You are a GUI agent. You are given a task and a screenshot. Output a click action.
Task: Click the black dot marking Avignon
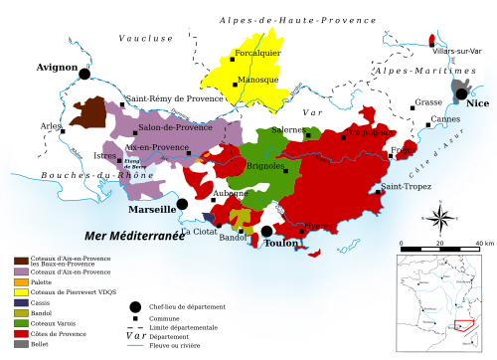tap(84, 74)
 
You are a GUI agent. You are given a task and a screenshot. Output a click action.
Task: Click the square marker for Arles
tap(64, 129)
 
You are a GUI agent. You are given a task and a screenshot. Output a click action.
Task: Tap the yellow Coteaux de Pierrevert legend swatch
tap(20, 292)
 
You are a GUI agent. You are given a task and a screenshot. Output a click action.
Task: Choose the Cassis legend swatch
tap(20, 302)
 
